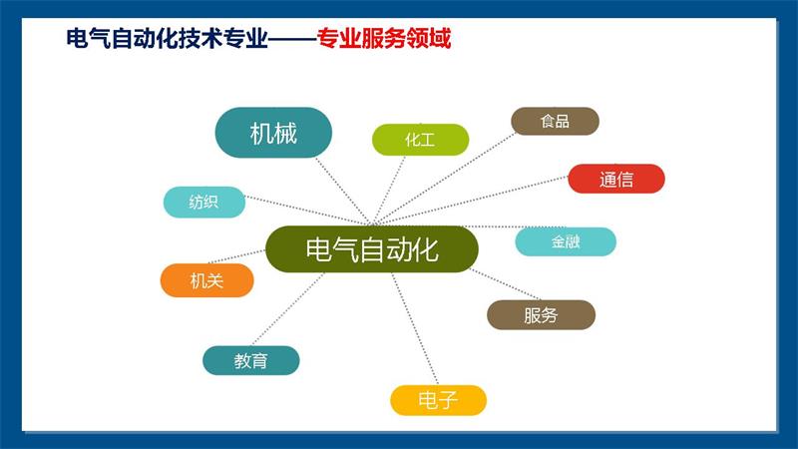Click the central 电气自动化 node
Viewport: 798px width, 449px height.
372,248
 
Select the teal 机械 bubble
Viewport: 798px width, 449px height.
273,133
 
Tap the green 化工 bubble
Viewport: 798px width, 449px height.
420,140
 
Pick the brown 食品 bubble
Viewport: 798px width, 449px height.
555,121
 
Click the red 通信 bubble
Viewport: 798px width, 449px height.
616,179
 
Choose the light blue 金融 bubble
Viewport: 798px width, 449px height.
566,241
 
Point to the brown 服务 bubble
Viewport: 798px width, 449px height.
541,315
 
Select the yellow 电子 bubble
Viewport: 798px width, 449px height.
438,400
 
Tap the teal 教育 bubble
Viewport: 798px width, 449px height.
251,360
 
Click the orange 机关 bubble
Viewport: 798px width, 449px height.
206,280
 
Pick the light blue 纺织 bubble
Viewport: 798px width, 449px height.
204,203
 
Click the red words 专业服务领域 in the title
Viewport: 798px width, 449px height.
384,39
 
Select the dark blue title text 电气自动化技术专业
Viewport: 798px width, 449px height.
167,39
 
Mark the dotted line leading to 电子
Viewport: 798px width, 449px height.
415,328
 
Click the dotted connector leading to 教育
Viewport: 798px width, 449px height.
288,309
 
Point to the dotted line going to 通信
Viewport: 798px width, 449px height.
470,201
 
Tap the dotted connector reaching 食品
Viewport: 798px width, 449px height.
443,180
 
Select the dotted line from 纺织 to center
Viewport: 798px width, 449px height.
308,211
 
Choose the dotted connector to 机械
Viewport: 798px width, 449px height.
342,192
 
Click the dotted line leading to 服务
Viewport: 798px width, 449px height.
506,284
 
